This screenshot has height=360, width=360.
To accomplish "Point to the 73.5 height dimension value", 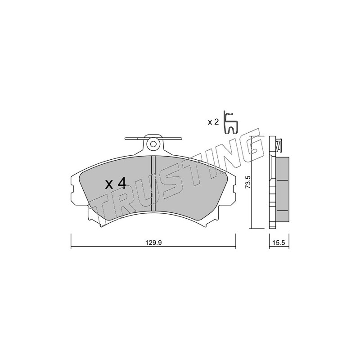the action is coord(248,182).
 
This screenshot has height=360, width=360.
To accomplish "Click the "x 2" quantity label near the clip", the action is coord(213,122).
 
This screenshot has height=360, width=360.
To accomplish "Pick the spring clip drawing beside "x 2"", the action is coord(231,122).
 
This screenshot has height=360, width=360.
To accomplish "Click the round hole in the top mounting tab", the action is coord(153,144).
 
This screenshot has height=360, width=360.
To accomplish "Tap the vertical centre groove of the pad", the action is coord(153,183).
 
